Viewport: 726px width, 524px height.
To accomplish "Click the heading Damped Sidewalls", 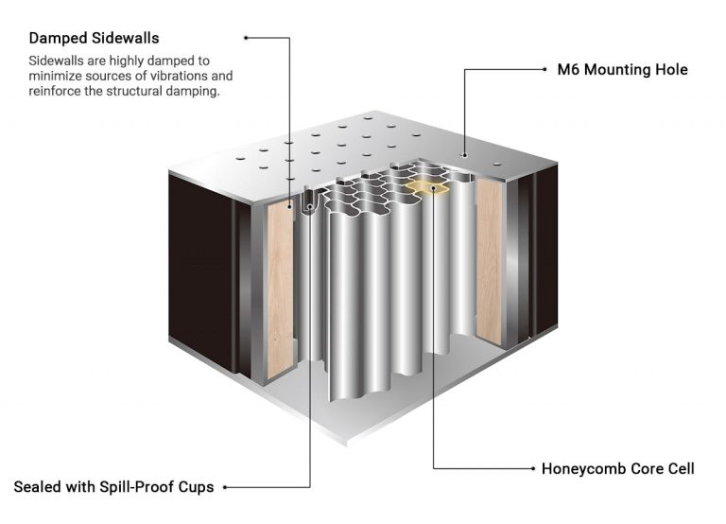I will [94, 39].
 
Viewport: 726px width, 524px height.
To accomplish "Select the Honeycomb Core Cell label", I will [617, 468].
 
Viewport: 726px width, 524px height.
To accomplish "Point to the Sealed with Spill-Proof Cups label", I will [113, 487].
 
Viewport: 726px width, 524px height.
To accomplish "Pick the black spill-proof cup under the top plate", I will [308, 202].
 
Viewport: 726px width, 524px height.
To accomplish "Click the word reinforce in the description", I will [59, 92].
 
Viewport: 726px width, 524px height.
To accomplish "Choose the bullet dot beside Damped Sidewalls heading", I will [246, 38].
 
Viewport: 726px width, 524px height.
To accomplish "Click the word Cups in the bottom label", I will [196, 487].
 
